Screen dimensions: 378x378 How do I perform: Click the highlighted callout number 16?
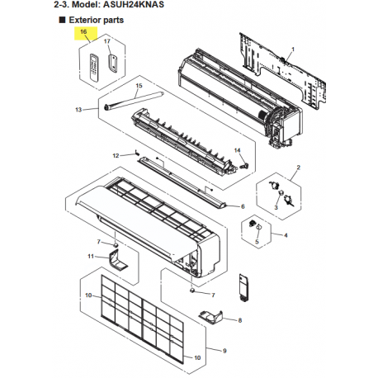coord(83,31)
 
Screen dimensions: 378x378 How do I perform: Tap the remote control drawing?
coord(94,68)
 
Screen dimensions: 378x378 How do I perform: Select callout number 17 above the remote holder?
coord(107,41)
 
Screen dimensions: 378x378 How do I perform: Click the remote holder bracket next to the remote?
coord(113,64)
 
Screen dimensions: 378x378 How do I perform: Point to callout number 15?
coord(139,86)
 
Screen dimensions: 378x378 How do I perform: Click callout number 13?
coord(78,110)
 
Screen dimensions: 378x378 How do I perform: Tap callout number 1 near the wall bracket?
coord(293,50)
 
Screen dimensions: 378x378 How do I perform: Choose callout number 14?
coord(237,150)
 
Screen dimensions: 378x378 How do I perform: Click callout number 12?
coord(116,156)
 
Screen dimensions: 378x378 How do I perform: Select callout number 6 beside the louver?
coord(243,206)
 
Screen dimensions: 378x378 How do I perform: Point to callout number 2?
coord(299,168)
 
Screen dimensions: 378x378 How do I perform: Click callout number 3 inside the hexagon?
coord(276,207)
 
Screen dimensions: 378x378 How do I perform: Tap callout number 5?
coord(257,242)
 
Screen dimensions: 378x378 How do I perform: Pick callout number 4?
coord(286,235)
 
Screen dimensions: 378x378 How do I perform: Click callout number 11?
coord(91,256)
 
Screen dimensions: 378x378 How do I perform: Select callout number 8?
coord(240,320)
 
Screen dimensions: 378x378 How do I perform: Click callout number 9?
coord(224,351)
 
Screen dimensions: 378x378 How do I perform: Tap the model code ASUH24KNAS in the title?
coord(134,5)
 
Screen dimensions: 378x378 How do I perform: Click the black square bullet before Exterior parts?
coord(62,20)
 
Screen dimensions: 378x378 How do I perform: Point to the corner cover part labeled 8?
coord(211,317)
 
